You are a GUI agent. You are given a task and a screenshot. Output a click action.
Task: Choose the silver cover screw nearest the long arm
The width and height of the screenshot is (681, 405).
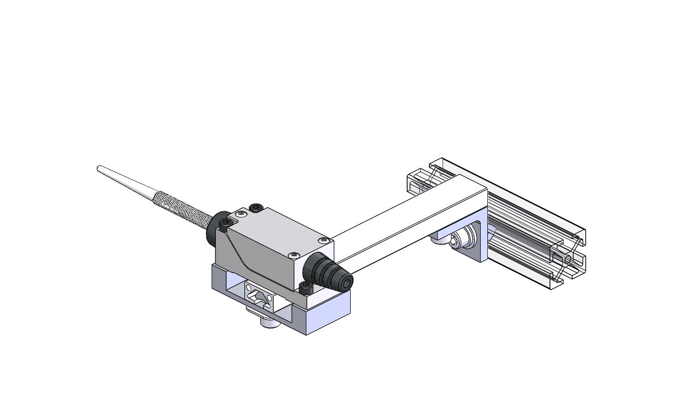323,241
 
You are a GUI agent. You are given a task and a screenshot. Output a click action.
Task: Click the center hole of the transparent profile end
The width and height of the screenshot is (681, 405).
567,259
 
